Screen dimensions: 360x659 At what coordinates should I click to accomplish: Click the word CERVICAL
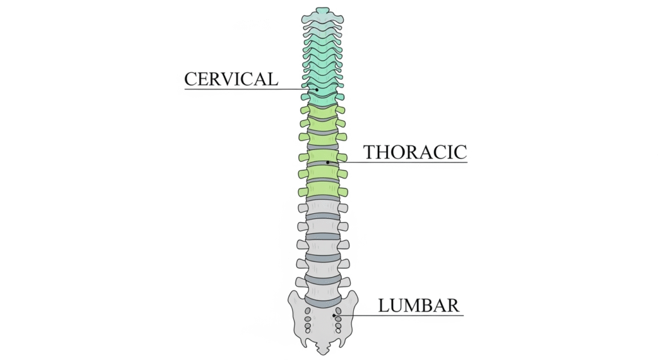point(231,79)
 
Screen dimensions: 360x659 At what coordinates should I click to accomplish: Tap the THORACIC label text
point(414,153)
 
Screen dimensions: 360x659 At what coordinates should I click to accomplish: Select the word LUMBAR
point(419,305)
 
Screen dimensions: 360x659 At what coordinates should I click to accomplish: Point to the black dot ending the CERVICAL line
point(317,90)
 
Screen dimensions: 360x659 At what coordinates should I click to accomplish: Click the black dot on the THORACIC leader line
point(328,162)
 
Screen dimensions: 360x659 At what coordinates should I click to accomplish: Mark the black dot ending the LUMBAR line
point(333,315)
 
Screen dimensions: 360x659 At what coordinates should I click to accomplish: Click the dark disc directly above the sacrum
point(322,301)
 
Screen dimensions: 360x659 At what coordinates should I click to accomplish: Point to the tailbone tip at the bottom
point(322,351)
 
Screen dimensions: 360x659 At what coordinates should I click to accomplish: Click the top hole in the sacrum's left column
point(307,311)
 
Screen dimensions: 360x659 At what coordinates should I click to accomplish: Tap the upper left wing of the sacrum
point(295,299)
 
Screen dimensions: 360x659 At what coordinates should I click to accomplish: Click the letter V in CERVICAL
point(233,79)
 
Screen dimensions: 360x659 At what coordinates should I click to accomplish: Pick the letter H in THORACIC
point(384,153)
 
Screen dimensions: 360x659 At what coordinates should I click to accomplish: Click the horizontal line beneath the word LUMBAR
point(412,315)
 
